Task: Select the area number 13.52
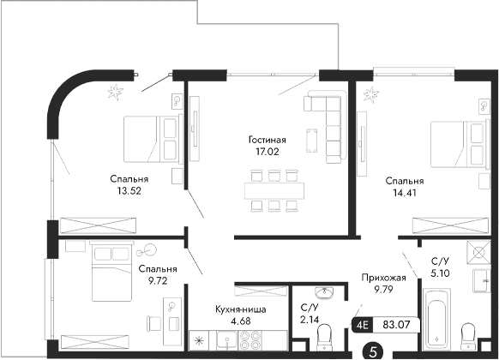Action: click(129, 192)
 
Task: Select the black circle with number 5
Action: click(372, 350)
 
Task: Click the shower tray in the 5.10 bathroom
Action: click(478, 255)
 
